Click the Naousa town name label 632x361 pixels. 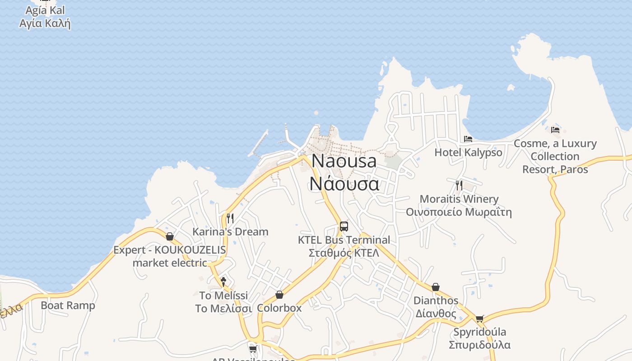[344, 161]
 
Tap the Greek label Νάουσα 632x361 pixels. [344, 184]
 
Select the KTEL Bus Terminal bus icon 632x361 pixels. [344, 227]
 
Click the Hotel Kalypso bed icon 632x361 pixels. [468, 139]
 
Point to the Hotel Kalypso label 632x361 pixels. [468, 153]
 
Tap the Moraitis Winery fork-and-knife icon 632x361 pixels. [459, 185]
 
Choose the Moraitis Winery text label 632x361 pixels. [459, 199]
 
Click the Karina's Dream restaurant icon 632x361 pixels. [230, 218]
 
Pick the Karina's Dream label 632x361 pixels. [230, 232]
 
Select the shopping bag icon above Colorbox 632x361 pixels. [279, 295]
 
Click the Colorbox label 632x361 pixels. [279, 308]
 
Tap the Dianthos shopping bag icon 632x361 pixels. [436, 287]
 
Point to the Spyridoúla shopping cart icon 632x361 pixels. [479, 319]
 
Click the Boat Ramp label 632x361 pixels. [68, 305]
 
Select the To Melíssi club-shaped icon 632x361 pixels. [223, 282]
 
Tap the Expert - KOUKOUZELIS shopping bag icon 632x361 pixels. [170, 236]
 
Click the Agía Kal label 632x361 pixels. [45, 10]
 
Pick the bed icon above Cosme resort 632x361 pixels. [555, 130]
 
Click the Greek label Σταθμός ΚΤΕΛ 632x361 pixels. [344, 253]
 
